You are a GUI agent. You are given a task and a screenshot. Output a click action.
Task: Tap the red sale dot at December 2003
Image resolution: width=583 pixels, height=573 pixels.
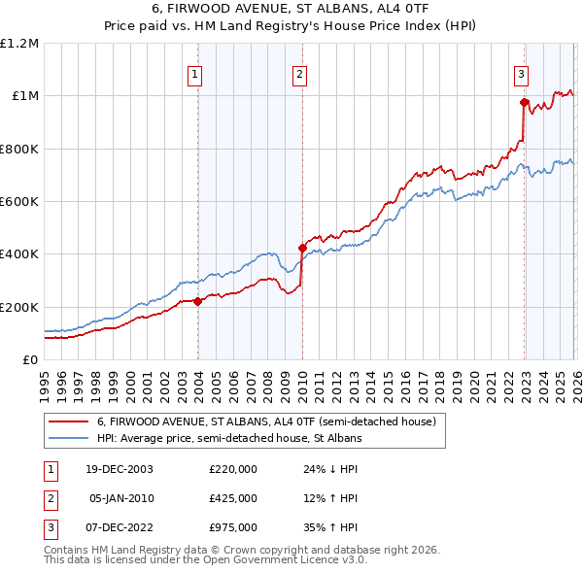(x=198, y=301)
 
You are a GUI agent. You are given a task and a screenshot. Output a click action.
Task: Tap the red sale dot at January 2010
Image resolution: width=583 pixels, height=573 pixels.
(x=302, y=248)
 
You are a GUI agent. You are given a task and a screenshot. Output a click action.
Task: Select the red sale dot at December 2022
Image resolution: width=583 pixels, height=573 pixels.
(x=524, y=102)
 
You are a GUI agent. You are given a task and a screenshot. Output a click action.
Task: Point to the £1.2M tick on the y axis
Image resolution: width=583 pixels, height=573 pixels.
(x=19, y=44)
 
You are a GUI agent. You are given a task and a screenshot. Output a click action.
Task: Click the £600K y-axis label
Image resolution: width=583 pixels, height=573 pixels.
(x=19, y=202)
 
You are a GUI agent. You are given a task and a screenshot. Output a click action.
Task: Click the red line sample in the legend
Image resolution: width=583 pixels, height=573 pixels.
(x=68, y=421)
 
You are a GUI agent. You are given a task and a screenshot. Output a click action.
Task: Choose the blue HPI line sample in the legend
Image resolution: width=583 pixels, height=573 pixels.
(x=68, y=439)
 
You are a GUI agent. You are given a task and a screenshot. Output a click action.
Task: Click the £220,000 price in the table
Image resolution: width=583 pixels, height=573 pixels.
(x=233, y=469)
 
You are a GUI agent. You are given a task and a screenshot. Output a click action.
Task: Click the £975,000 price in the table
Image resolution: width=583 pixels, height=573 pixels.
(x=233, y=527)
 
